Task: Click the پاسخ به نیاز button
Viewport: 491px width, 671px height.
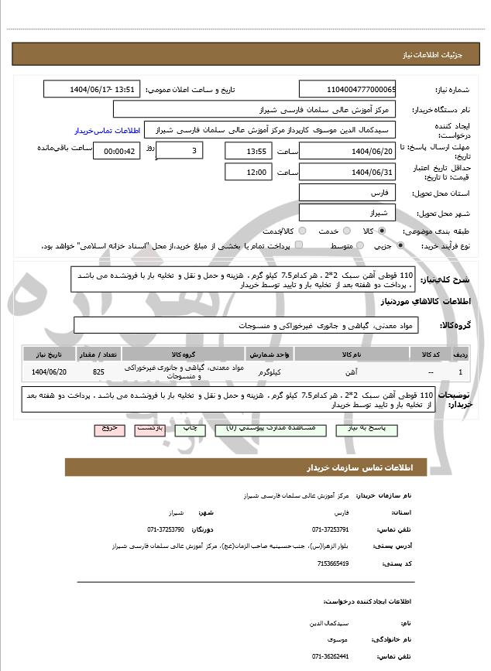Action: [x=359, y=428]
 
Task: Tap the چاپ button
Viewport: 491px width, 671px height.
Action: [x=189, y=428]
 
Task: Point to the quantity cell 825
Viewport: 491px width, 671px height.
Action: [x=98, y=372]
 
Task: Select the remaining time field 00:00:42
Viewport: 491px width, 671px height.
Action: [x=116, y=151]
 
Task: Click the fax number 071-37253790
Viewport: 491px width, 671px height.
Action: [x=166, y=529]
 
